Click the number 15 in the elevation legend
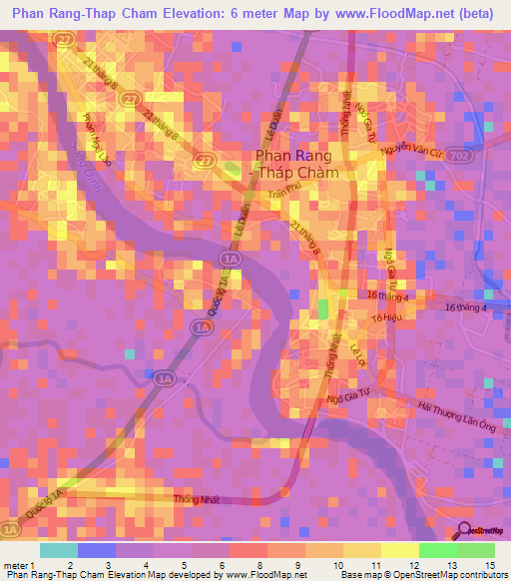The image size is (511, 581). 489,565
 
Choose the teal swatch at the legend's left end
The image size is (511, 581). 58,550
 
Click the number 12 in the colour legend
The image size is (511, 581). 386,565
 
